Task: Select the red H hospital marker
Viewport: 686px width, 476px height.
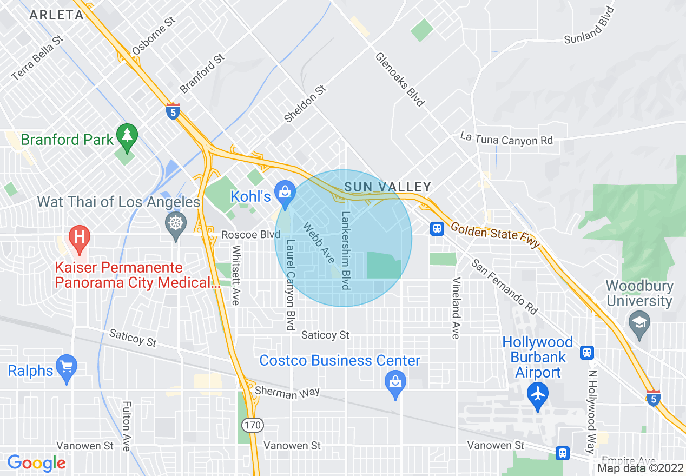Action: coord(80,240)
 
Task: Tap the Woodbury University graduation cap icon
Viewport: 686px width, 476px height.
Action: coord(639,324)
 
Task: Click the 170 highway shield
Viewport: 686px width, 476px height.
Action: coord(252,425)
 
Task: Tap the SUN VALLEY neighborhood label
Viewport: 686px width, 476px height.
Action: coord(388,187)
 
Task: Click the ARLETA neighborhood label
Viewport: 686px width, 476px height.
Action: coord(56,15)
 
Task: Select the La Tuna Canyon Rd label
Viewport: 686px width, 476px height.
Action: coord(506,138)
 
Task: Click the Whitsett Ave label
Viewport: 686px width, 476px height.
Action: coord(235,275)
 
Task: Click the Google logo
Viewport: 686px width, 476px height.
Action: coord(36,463)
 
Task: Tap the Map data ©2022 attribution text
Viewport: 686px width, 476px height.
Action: coord(640,468)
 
